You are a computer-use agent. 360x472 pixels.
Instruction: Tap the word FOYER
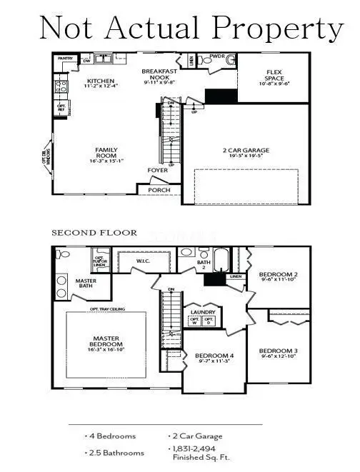157,171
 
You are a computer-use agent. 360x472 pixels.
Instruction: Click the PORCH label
160,190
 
